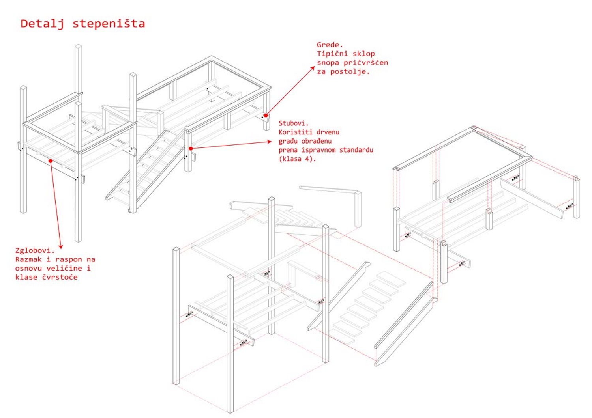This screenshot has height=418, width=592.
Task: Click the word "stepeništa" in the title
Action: pos(109,24)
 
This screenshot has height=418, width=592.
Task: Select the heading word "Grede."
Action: pos(330,45)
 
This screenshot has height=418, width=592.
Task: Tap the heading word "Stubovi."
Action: pos(294,123)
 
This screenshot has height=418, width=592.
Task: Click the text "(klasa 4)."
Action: pos(298,159)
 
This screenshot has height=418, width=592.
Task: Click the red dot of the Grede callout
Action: pos(266,116)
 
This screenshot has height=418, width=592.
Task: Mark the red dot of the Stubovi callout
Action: pos(191,149)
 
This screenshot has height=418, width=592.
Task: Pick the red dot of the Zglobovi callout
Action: pos(51,160)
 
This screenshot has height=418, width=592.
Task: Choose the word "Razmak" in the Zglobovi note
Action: pos(28,259)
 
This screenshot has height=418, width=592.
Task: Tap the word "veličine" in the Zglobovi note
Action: pos(64,269)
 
